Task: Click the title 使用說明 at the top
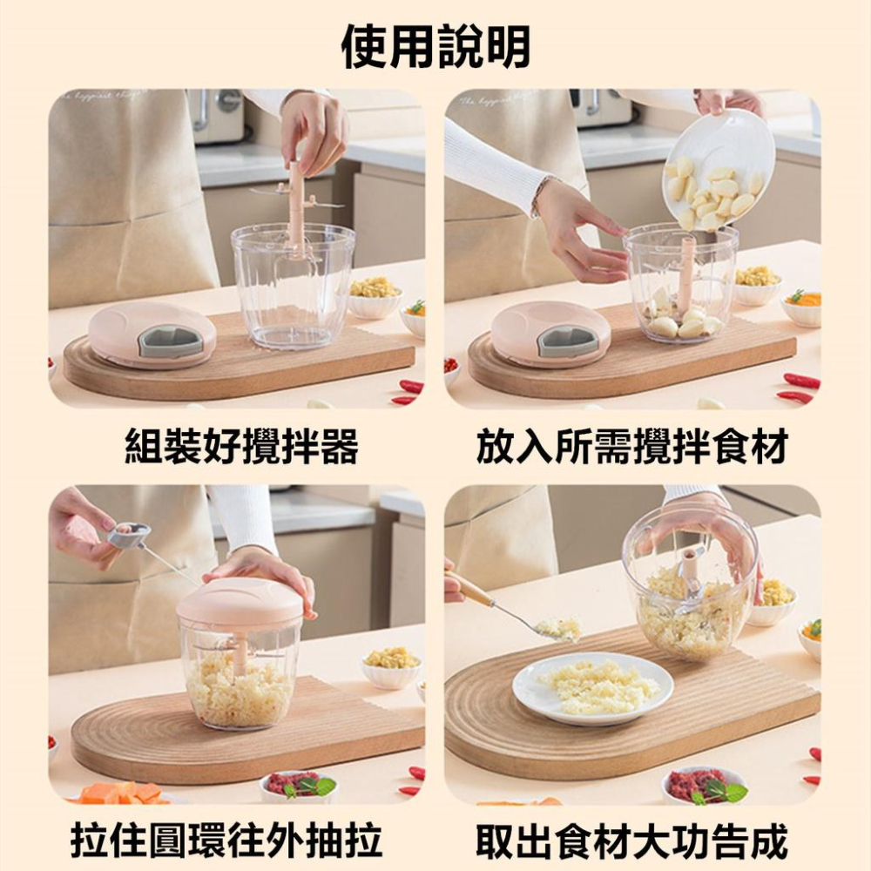tap(435, 47)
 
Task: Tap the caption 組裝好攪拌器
tap(242, 446)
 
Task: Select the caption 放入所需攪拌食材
tap(632, 446)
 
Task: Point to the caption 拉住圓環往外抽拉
tap(226, 841)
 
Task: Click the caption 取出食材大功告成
tap(632, 841)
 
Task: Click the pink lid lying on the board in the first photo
tap(152, 335)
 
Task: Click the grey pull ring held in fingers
tap(129, 535)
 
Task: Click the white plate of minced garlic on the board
tap(592, 688)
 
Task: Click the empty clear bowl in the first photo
tap(293, 286)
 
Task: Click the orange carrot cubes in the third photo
tap(124, 793)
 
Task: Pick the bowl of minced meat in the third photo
tap(298, 786)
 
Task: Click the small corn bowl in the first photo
tap(375, 297)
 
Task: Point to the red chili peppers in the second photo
tap(800, 388)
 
